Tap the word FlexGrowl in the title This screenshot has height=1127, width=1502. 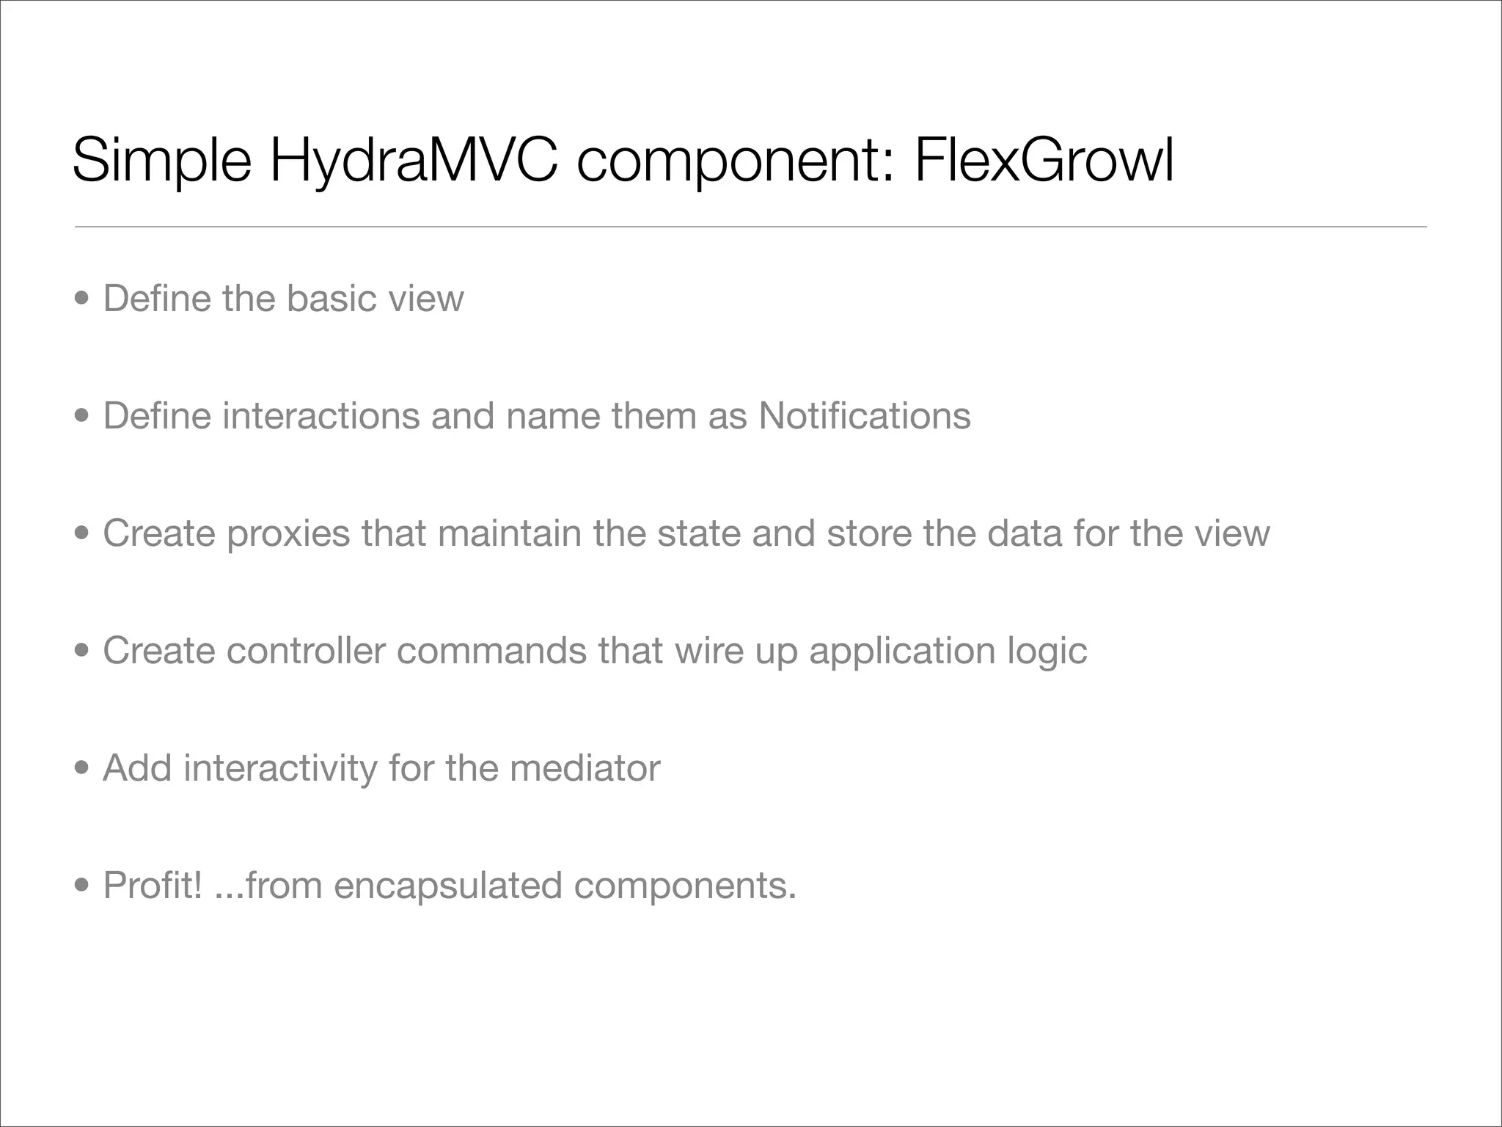pos(1044,160)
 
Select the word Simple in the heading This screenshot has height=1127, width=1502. pos(161,160)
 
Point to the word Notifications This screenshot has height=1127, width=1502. pos(865,416)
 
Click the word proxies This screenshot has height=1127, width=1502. pos(288,533)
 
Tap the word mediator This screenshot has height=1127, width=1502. pos(585,768)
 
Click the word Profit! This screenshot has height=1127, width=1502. pos(153,886)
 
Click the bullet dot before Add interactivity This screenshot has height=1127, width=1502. pos(83,769)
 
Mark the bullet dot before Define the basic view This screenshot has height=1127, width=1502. pos(83,299)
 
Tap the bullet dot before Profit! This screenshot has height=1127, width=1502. pos(83,886)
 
